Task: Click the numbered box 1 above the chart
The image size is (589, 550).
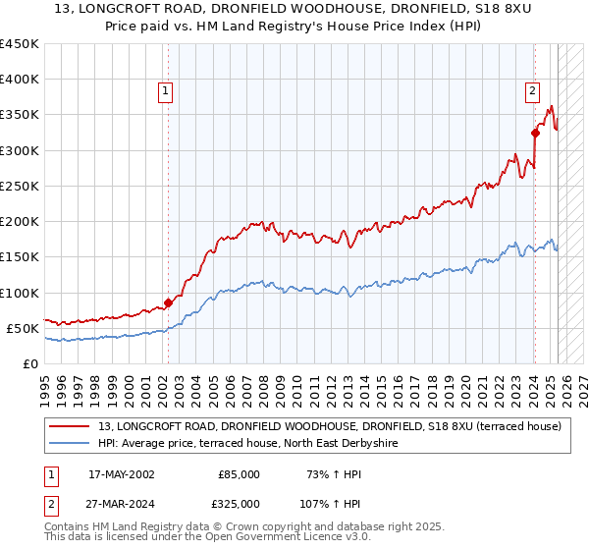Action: [x=166, y=91]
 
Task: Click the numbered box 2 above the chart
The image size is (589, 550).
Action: [x=532, y=91]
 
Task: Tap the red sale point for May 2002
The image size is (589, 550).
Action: [x=167, y=302]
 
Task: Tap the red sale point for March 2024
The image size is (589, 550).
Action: [x=535, y=133]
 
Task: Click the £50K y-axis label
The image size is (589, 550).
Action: [x=23, y=328]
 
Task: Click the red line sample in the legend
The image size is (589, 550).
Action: [x=69, y=426]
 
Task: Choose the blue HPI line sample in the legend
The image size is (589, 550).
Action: [x=69, y=444]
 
